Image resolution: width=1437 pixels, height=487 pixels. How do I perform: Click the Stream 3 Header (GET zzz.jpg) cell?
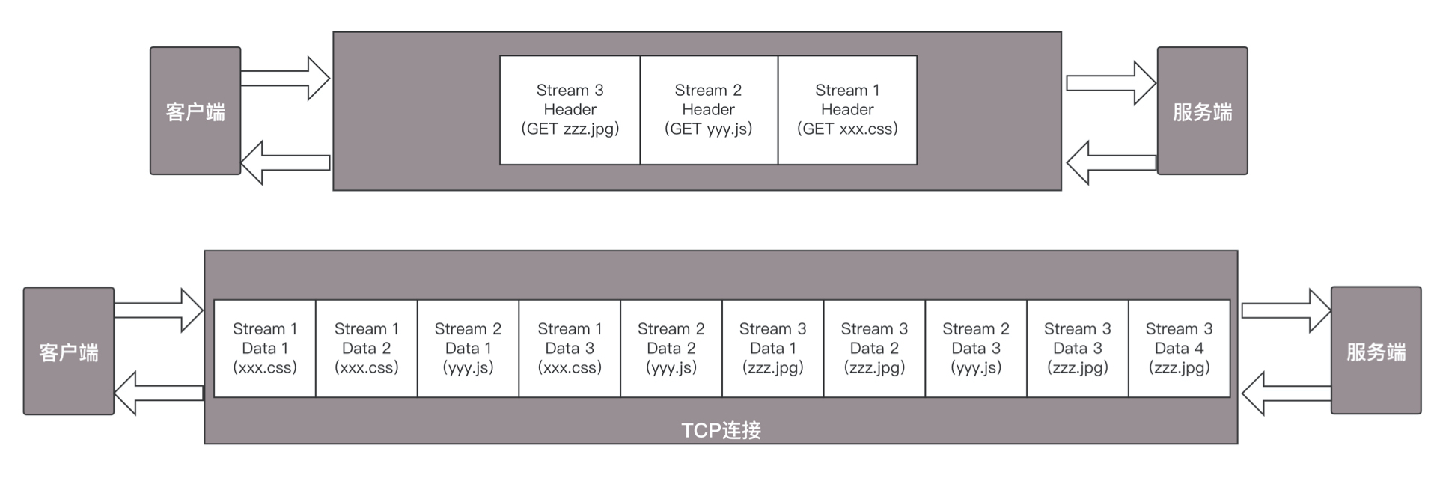click(570, 110)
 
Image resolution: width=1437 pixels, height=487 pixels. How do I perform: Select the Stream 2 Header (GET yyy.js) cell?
click(708, 110)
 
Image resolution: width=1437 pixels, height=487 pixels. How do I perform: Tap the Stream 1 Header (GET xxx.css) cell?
click(847, 110)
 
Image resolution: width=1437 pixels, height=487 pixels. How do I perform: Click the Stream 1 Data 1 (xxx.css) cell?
click(265, 349)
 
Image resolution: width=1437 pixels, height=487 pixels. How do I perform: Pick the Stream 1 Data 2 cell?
click(366, 349)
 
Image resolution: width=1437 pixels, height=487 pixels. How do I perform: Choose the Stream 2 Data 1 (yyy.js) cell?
click(468, 349)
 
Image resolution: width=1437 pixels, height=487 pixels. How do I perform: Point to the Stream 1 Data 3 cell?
click(570, 349)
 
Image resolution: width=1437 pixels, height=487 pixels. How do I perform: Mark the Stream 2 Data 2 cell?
click(671, 349)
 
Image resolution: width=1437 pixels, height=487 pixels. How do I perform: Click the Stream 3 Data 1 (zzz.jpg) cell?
click(772, 349)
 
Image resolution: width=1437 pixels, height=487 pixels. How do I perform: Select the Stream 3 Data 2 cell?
click(874, 349)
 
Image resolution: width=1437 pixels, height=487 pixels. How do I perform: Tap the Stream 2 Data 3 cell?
click(976, 349)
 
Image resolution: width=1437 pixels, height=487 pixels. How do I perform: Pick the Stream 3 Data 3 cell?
click(1078, 349)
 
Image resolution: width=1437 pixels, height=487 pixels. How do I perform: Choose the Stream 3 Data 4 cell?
click(1179, 349)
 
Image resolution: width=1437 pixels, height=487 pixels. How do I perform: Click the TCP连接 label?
click(721, 430)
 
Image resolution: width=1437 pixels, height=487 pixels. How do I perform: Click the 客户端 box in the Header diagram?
click(195, 111)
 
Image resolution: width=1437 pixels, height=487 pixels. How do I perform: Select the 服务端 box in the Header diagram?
click(1202, 111)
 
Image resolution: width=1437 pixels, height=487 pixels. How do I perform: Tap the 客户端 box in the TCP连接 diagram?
click(69, 352)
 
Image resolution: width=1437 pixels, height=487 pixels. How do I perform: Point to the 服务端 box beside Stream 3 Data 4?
click(1376, 351)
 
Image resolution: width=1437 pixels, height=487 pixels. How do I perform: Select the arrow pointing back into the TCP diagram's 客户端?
click(159, 393)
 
